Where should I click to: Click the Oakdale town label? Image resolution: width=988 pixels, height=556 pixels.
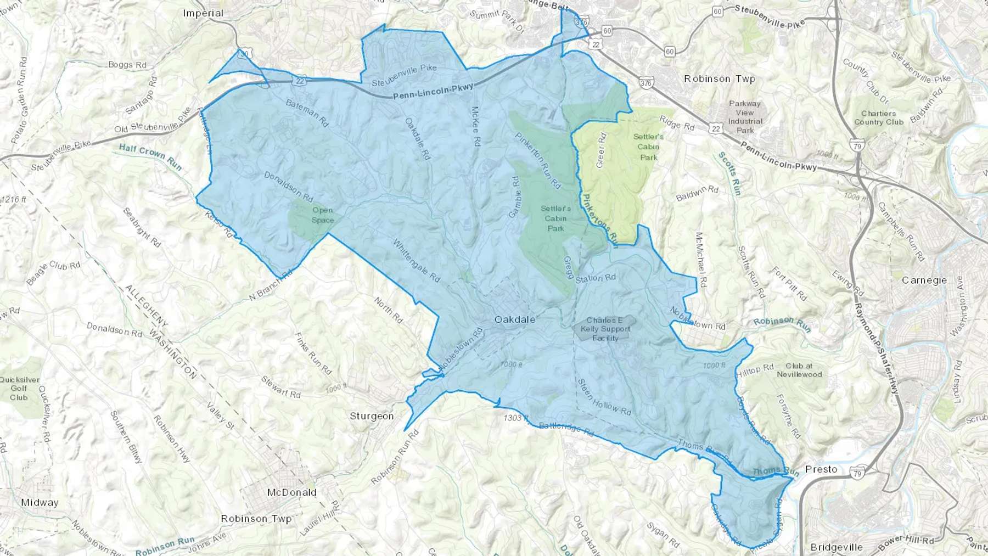coord(514,319)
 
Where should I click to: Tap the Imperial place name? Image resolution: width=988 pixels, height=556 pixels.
coord(203,13)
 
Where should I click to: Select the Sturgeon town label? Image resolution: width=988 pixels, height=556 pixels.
coord(372,416)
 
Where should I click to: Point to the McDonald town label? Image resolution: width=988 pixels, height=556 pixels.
coord(291,492)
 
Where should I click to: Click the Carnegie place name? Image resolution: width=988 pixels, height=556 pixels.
coord(924,280)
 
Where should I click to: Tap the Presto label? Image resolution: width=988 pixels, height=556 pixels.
coord(821,469)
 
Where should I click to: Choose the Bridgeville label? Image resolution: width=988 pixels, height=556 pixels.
coord(837,547)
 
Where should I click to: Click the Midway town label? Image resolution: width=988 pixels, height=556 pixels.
coord(40,502)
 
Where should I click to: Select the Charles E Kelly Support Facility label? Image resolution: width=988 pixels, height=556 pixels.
coord(605,329)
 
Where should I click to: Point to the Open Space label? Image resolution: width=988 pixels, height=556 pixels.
coord(323,215)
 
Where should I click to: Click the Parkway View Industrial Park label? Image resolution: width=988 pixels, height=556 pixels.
coord(745,117)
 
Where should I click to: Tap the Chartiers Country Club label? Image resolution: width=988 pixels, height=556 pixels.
coord(878,117)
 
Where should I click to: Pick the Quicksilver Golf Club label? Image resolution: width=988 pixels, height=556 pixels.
coord(19,389)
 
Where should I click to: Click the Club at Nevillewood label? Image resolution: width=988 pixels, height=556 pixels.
coord(799,370)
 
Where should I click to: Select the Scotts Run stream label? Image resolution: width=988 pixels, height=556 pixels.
coord(730,173)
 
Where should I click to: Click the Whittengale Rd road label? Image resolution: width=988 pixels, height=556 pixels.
coord(417,260)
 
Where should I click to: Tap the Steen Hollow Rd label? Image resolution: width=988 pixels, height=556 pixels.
coord(604,397)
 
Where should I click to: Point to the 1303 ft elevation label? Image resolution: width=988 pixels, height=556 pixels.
coord(515,418)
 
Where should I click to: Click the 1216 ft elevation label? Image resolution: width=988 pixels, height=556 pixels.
coord(13,199)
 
